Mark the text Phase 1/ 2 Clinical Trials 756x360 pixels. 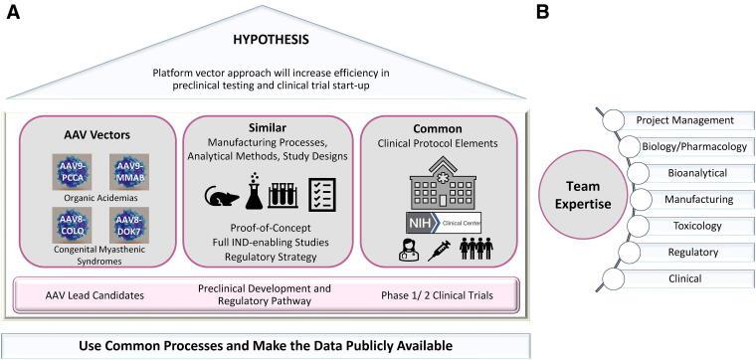[439, 294]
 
